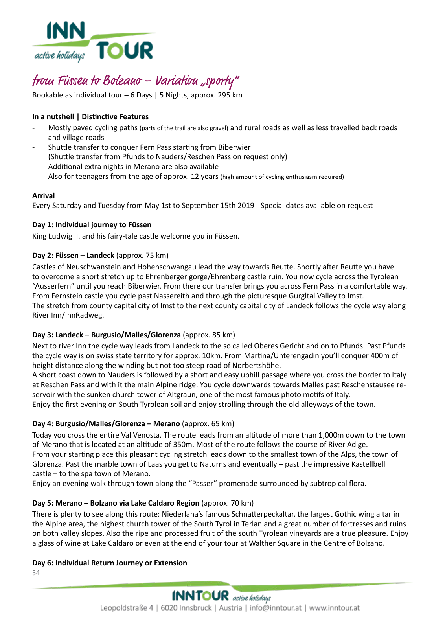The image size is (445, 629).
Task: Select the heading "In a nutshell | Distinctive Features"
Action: [x=90, y=117]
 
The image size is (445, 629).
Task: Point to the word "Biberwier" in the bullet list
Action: [x=234, y=147]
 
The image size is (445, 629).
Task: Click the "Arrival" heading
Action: [x=44, y=196]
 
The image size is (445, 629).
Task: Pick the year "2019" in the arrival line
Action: [x=246, y=206]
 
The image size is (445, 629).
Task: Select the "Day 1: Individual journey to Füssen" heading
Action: [x=92, y=225]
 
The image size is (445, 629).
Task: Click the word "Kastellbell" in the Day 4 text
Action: [x=367, y=464]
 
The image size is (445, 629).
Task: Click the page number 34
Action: [x=36, y=573]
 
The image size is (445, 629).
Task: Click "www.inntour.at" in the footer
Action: [x=334, y=608]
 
